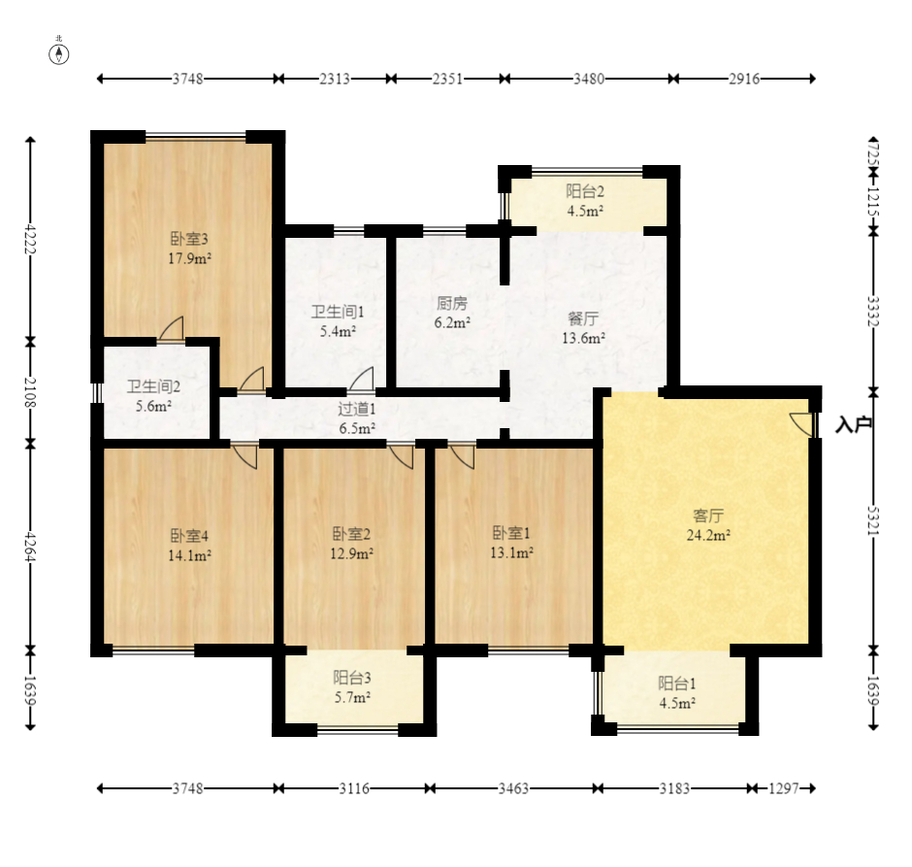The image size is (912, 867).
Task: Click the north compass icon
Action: point(59,53)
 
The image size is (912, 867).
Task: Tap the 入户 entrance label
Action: point(853,425)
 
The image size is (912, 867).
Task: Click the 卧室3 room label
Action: point(189,239)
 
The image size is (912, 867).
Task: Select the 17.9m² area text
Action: point(189,258)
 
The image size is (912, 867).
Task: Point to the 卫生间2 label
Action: point(153,386)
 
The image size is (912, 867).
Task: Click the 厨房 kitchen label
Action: point(452,303)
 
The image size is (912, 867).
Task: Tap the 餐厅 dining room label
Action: point(583,318)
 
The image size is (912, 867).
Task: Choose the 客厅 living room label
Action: point(708,516)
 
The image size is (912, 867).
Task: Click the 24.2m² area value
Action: point(708,535)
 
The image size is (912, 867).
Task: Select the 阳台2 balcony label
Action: point(585,191)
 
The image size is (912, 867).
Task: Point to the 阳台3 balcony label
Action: point(352,678)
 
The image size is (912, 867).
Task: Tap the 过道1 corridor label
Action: point(356,409)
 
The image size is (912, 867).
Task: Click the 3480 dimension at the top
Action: point(589,79)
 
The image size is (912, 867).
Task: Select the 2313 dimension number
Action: point(335,79)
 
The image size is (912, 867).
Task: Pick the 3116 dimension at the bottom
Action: point(354,788)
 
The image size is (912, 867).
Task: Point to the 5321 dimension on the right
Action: point(873,520)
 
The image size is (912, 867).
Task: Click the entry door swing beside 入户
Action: point(801,424)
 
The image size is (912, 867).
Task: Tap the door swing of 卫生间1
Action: point(361,379)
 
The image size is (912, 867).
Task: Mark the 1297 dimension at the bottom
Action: point(784,788)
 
